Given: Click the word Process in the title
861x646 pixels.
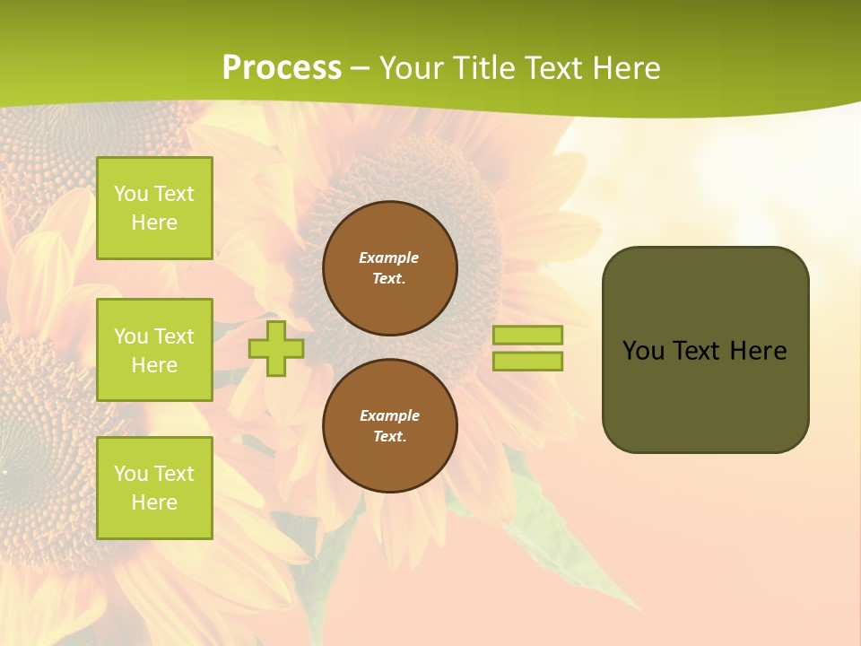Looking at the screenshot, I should pos(282,68).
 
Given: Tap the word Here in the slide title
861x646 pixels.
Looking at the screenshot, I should pos(625,68).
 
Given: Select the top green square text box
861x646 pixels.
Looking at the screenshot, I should pos(154,208).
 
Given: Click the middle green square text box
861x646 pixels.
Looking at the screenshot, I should pos(154,350).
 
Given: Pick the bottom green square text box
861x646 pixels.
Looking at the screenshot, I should pos(154,488).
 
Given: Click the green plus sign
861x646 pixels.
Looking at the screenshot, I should pos(276,348).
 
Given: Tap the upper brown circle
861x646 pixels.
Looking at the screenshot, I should pos(390,268).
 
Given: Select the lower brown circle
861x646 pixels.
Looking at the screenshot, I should pos(390,426).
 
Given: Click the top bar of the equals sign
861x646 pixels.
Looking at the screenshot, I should pos(527,336).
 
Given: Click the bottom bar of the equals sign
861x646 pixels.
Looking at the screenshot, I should pos(527,362).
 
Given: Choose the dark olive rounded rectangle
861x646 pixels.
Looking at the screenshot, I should pos(705,395).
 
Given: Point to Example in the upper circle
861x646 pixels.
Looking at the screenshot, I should pos(388,258).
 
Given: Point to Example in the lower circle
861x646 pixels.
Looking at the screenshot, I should pos(388,415).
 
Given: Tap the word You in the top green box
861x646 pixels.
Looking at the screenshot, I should pos(131,194).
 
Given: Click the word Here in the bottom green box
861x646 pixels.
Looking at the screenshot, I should pos(154,502).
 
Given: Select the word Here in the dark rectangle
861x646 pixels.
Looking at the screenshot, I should pos(758,351).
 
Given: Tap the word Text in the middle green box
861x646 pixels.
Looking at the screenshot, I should pos(173,336).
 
